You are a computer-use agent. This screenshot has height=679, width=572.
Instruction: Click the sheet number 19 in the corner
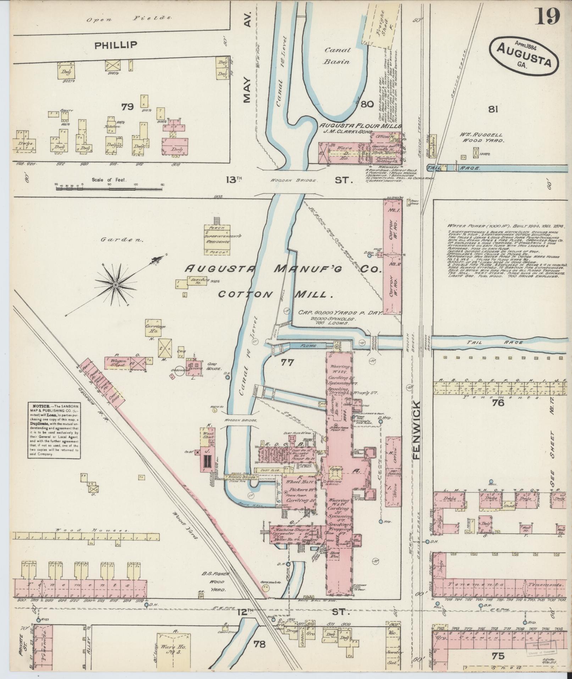pos(547,16)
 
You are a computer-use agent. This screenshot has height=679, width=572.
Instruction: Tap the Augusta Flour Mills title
pos(360,126)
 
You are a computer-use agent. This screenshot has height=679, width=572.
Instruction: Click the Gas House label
pos(213,368)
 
